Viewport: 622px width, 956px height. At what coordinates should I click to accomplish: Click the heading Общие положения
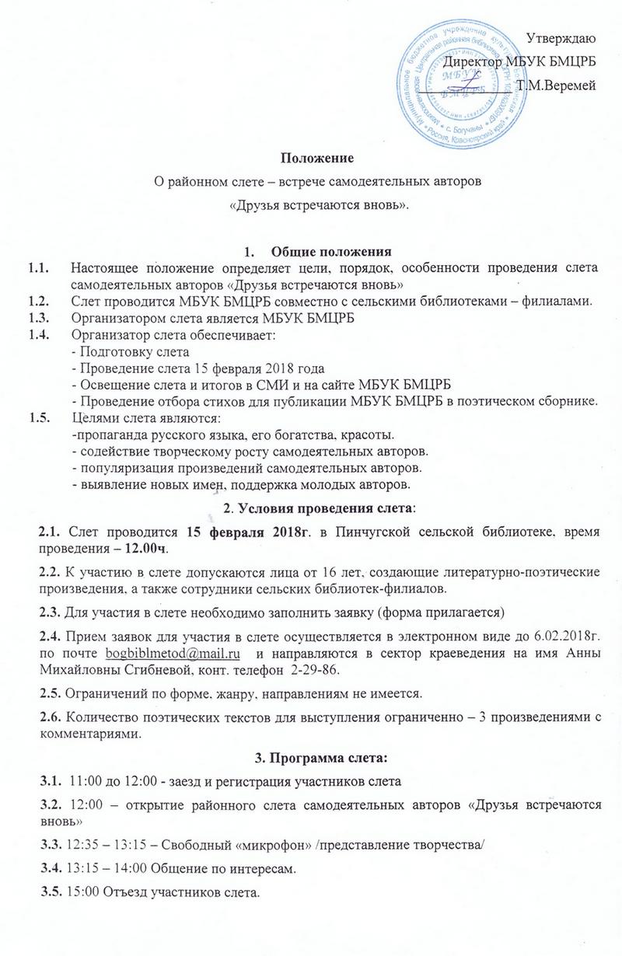pyautogui.click(x=328, y=251)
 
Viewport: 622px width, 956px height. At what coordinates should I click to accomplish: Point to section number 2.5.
pyautogui.click(x=53, y=693)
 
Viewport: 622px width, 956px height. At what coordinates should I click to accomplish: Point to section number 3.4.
pyautogui.click(x=53, y=867)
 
